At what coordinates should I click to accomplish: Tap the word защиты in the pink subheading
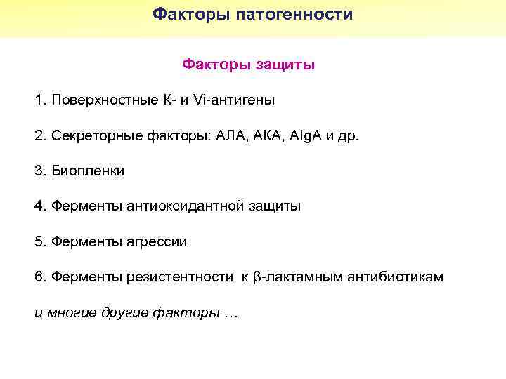coord(288,65)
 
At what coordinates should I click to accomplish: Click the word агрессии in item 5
coord(157,242)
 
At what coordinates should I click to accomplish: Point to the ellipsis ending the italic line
coord(232,313)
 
